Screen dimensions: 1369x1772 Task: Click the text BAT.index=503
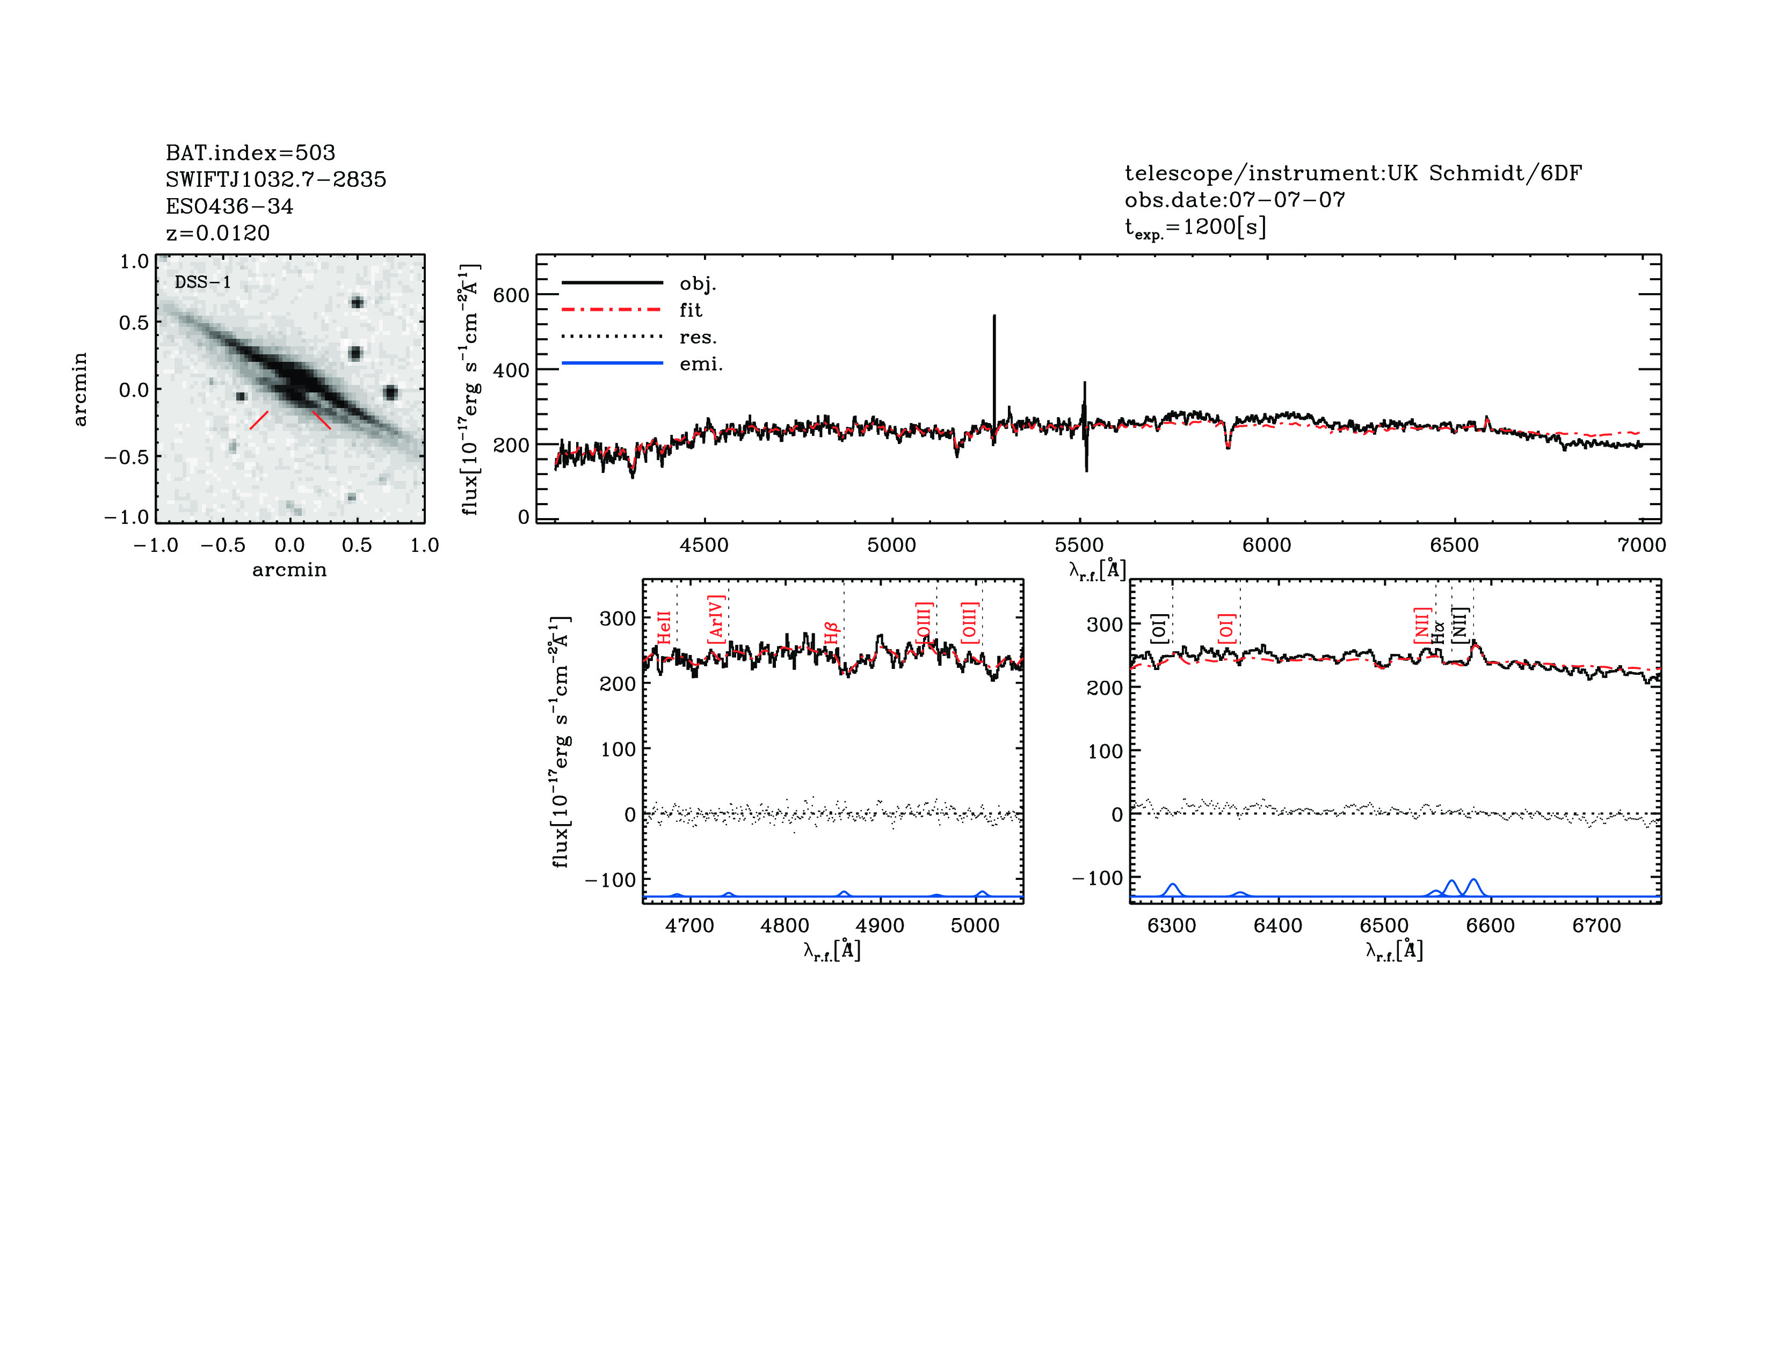pos(250,152)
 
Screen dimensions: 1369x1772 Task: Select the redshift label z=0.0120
pos(217,233)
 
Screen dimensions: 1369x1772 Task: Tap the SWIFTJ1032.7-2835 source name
pos(276,179)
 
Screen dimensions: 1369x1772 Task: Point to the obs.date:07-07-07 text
pos(1234,200)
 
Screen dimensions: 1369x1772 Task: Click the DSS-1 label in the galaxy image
pos(203,282)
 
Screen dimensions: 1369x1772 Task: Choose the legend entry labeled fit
pos(691,310)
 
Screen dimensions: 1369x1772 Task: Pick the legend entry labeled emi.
pos(700,364)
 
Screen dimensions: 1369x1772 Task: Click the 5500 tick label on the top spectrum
pos(1079,545)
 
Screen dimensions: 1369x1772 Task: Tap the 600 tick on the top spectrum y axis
pos(511,295)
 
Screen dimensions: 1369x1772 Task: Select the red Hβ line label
pos(830,632)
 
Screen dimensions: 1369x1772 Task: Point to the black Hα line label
pos(1439,632)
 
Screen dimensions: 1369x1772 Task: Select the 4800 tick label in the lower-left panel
pos(785,926)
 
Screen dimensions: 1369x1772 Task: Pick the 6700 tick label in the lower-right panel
pos(1596,926)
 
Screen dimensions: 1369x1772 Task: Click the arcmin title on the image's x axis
pos(289,570)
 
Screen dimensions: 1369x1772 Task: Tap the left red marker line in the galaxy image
pos(259,420)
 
